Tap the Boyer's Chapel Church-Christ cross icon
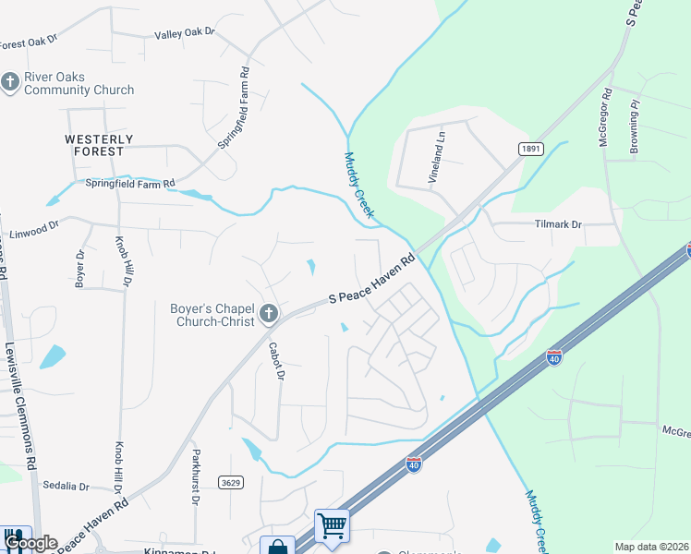coord(269,315)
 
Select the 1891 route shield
coord(529,148)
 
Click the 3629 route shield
coord(232,482)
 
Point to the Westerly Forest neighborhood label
coord(99,145)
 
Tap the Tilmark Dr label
coord(559,224)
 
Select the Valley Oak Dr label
coord(184,32)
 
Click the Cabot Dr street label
coord(275,362)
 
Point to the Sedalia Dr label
coord(66,486)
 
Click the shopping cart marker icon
coord(332,526)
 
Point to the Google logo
coord(30,544)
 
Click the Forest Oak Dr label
coord(28,42)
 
